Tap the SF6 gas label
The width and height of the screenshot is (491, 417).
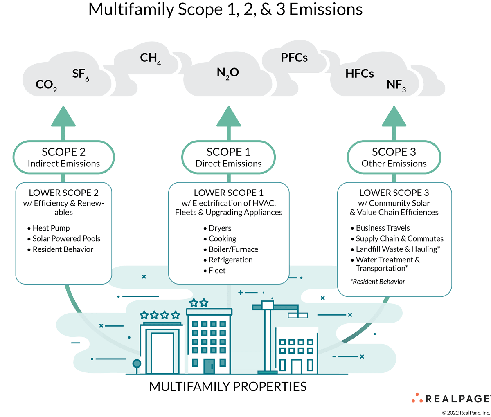point(80,74)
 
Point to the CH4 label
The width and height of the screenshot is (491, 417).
point(150,58)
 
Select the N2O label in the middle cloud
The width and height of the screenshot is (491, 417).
point(227,73)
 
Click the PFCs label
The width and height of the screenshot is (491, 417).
point(294,58)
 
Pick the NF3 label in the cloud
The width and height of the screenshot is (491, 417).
point(396,85)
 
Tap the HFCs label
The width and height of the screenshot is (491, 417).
point(359,74)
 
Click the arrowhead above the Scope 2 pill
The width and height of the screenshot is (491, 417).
point(63,116)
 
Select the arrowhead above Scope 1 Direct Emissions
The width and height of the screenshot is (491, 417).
point(228,116)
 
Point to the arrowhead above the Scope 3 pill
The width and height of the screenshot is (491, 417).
point(394,116)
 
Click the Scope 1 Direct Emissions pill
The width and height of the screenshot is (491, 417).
point(228,157)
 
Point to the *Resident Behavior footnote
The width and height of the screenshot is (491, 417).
point(378,282)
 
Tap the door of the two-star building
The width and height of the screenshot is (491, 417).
point(209,366)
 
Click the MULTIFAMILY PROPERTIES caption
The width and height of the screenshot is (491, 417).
point(228,386)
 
